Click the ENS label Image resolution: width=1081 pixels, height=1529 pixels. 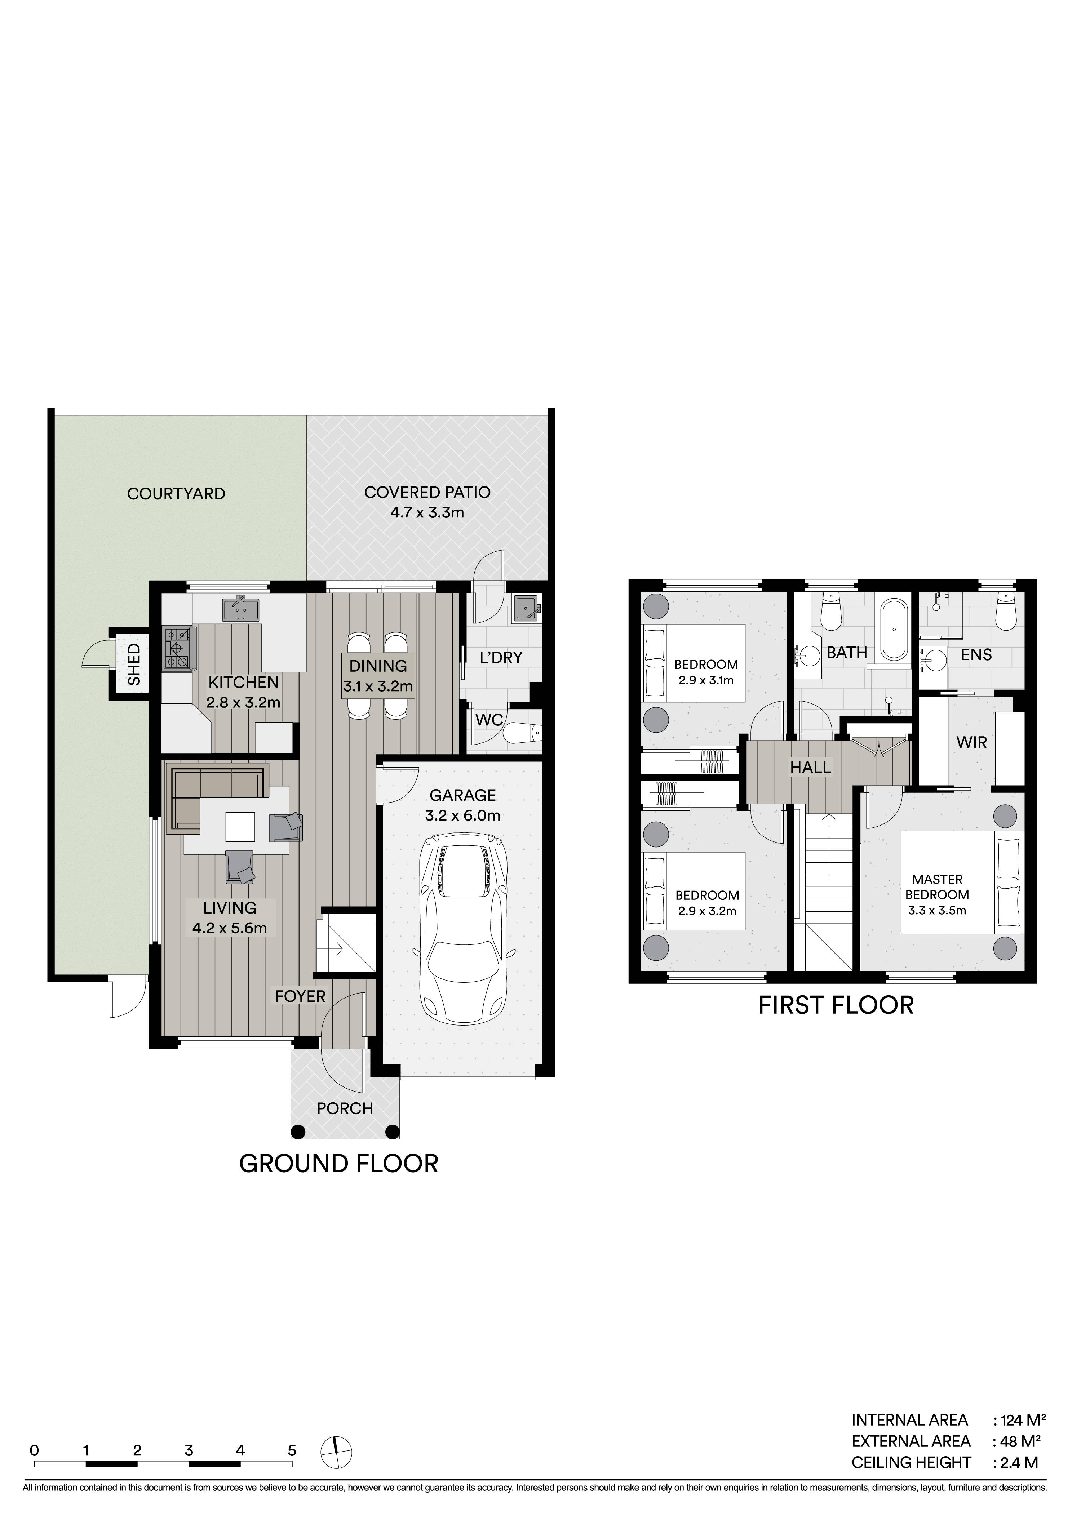click(x=976, y=655)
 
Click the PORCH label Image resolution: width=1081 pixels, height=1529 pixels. click(x=345, y=1108)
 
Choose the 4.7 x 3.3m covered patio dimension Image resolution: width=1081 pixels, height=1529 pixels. click(x=427, y=512)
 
